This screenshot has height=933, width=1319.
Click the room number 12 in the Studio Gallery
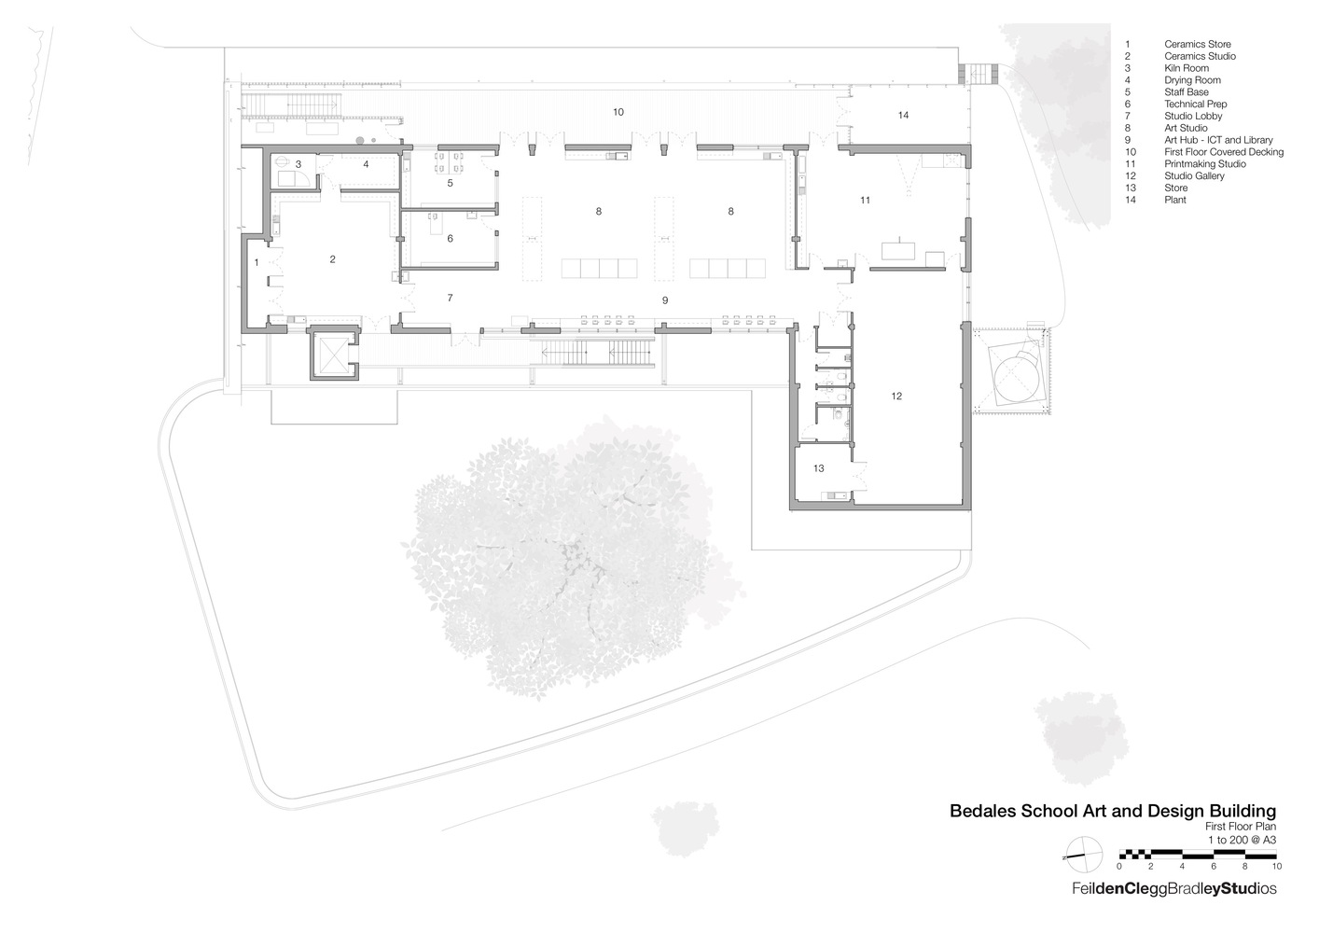click(x=896, y=397)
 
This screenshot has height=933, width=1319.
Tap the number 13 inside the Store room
click(x=818, y=468)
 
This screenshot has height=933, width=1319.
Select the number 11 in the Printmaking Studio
click(x=866, y=201)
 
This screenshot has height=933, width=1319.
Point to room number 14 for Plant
click(x=903, y=115)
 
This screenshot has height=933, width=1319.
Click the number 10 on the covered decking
click(x=618, y=112)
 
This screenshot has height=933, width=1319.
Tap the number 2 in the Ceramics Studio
click(x=332, y=259)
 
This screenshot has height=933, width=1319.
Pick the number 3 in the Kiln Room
click(x=298, y=164)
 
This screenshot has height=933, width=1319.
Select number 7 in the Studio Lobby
click(x=450, y=298)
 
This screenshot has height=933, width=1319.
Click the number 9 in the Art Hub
click(x=664, y=300)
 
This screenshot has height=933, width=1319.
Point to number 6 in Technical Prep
click(x=450, y=239)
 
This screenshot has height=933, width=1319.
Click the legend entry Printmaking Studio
click(x=1204, y=164)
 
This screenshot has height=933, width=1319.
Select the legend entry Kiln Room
click(x=1186, y=68)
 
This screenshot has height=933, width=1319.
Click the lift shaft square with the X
click(x=333, y=352)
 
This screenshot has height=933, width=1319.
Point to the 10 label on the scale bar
click(x=1276, y=866)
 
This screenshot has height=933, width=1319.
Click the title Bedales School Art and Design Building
click(x=1112, y=811)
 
